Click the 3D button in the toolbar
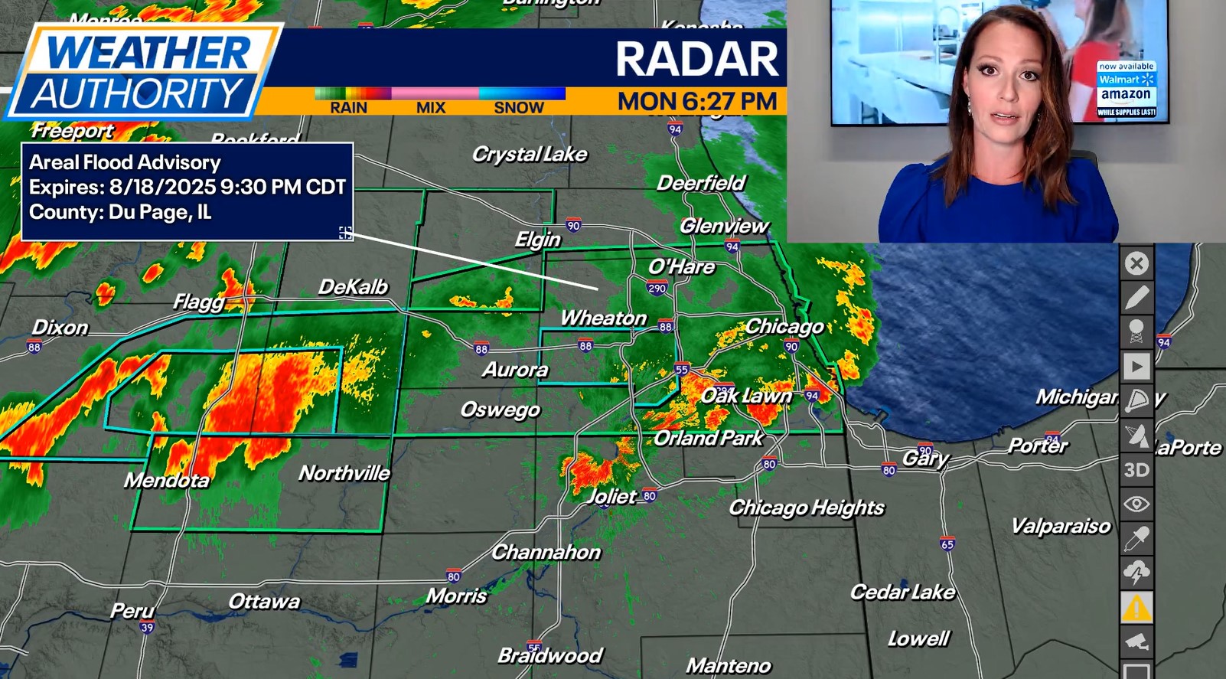[1136, 469]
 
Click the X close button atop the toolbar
[1136, 263]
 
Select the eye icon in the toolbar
[1136, 504]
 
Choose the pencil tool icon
[1136, 298]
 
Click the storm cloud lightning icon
[1136, 573]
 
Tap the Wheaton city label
[603, 318]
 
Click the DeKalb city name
[353, 287]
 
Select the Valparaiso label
[1060, 526]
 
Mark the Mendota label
[167, 480]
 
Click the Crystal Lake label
[530, 154]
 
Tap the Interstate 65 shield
[947, 544]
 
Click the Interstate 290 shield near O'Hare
[657, 289]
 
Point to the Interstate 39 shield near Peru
[147, 628]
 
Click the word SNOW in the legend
[518, 108]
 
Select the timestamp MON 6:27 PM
[697, 101]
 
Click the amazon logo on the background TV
[1126, 94]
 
